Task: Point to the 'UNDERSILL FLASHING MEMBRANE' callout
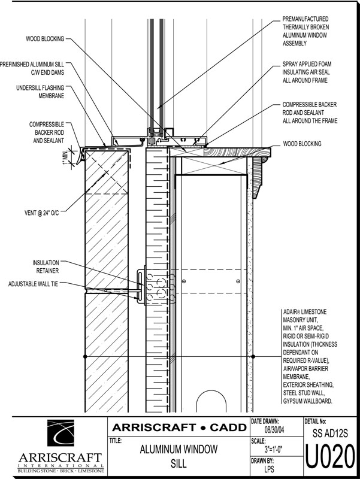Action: [41, 92]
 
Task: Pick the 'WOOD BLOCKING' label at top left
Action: [44, 39]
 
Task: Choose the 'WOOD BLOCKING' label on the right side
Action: [302, 144]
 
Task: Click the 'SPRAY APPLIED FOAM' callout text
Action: [307, 71]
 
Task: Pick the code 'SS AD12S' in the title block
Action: [331, 432]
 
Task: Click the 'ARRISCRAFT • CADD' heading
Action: [179, 428]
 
